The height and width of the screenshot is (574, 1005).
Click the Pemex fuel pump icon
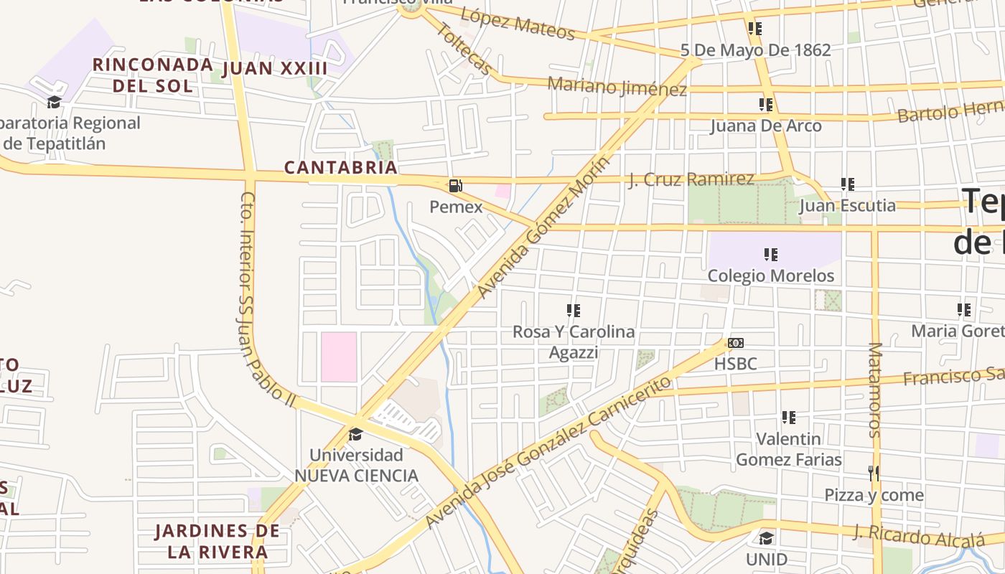click(455, 186)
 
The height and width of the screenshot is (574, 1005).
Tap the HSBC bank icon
click(735, 343)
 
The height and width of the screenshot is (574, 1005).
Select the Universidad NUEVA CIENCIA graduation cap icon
click(355, 434)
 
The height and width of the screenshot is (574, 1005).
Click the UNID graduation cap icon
click(766, 538)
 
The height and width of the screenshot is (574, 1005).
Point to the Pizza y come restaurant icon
click(874, 474)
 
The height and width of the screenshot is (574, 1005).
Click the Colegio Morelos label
click(770, 276)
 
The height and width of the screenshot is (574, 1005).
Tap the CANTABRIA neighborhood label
click(340, 167)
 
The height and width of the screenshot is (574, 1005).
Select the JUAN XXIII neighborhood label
click(275, 69)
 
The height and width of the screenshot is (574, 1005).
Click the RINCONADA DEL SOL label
click(153, 75)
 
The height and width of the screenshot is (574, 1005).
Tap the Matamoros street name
click(874, 390)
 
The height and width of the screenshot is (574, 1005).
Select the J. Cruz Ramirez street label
click(691, 179)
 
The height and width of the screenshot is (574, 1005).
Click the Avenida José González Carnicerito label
click(549, 452)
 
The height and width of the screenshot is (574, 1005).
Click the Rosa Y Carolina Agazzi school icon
click(573, 311)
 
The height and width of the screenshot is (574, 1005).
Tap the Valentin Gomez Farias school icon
click(788, 418)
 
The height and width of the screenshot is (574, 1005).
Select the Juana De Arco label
click(765, 126)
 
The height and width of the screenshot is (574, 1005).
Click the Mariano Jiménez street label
click(617, 87)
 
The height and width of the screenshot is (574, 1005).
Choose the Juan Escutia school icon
click(847, 185)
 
